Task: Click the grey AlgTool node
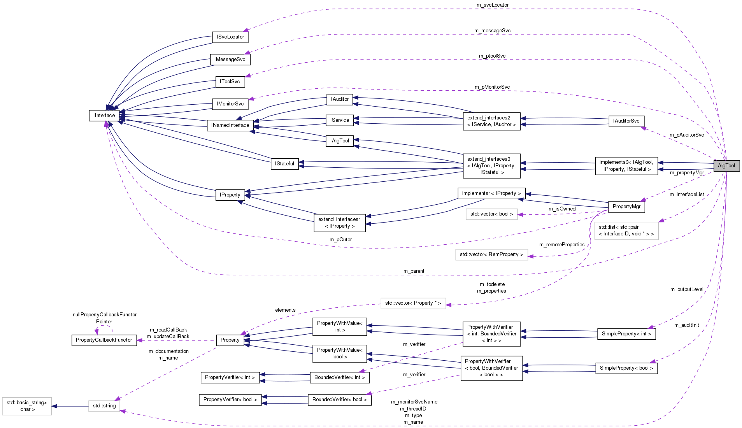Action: tap(726, 166)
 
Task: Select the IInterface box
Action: tap(104, 116)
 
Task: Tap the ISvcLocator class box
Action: tap(230, 37)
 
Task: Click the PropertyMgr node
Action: tap(626, 207)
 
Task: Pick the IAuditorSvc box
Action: tap(626, 121)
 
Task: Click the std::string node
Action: tap(104, 406)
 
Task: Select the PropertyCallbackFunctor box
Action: tap(104, 340)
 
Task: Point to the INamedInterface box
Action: tap(230, 125)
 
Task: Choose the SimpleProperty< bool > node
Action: tap(626, 368)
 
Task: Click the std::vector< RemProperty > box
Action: tap(491, 254)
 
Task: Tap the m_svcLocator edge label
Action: tap(492, 5)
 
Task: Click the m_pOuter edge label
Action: tap(340, 240)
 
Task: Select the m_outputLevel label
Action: tap(687, 289)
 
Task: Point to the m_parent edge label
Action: tap(414, 271)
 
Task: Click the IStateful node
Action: tap(284, 164)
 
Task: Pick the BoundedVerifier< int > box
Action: tap(339, 377)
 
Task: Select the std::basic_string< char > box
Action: tap(27, 406)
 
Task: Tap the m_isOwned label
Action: tap(562, 209)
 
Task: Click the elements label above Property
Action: tap(285, 310)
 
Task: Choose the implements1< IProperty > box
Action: tap(491, 193)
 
